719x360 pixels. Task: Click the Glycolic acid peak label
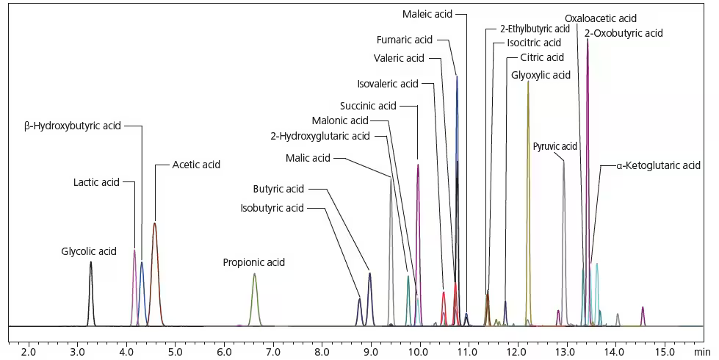[89, 251]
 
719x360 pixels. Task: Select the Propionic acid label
[253, 262]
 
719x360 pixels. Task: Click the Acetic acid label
[196, 165]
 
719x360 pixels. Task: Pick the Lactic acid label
[96, 182]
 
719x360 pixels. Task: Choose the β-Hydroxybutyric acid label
[72, 126]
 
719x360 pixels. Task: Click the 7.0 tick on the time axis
[272, 352]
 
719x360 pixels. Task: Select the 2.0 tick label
[29, 352]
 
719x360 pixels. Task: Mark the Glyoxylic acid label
[541, 75]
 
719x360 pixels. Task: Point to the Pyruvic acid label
[554, 146]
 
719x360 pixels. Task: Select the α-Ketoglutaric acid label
[658, 165]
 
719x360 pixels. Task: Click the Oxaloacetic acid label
[600, 18]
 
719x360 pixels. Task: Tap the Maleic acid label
[427, 14]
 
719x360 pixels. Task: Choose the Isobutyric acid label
[272, 208]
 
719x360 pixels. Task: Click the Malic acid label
[308, 157]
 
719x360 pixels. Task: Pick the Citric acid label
[541, 57]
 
